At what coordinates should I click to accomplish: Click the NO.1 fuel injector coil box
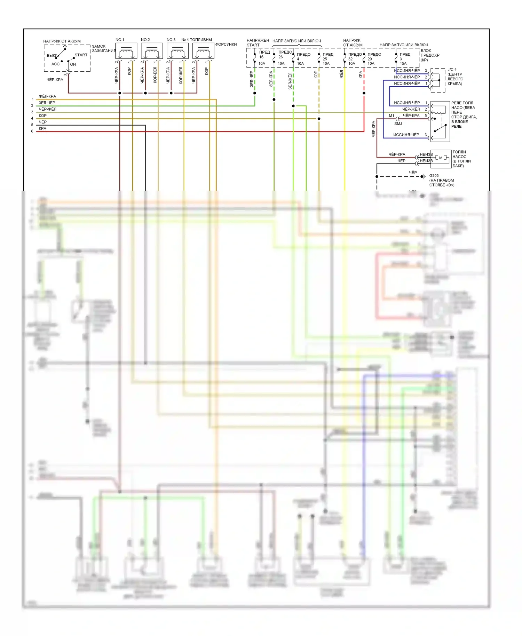coord(126,51)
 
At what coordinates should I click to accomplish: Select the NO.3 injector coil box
coord(177,51)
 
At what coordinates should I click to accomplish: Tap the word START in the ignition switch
coord(81,55)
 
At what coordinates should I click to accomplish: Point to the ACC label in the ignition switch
coord(55,64)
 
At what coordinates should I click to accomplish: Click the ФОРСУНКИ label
coord(226,45)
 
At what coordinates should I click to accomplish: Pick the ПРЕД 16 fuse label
coord(264,54)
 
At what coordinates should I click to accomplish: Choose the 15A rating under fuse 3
coord(403,64)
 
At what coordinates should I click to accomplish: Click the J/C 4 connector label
coord(452,70)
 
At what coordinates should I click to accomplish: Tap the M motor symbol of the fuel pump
coord(441,158)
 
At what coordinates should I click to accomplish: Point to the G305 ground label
coord(434,176)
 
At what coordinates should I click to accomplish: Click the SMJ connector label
coord(398,124)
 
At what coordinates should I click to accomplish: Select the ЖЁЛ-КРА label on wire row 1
coord(47,96)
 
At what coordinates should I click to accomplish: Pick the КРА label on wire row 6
coord(42,129)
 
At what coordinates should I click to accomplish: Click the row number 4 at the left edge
coord(32,118)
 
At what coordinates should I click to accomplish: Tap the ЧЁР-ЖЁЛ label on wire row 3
coord(47,109)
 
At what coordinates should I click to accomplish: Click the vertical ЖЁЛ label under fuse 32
coord(341,74)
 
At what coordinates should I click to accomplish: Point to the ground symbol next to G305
coord(423,176)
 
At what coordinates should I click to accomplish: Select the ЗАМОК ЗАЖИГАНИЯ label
coord(103,48)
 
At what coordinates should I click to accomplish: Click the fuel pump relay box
coord(440,121)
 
